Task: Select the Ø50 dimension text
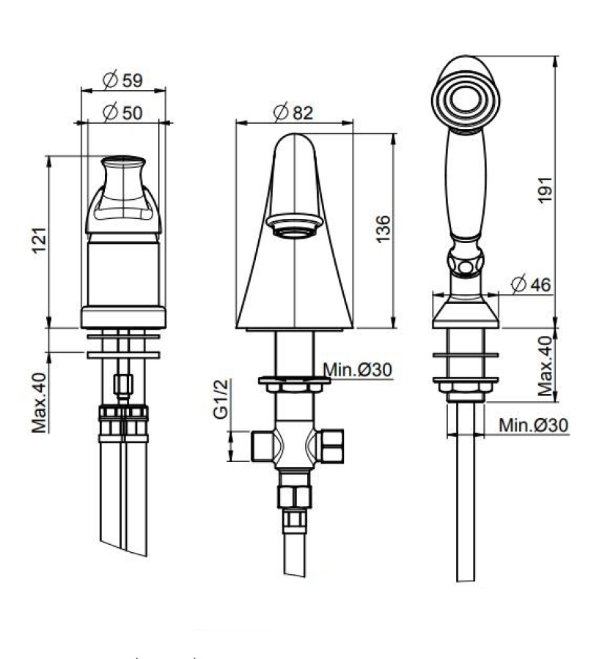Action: [123, 112]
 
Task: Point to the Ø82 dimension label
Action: [293, 112]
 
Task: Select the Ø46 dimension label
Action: [532, 283]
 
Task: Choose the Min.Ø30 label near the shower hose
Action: [533, 425]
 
